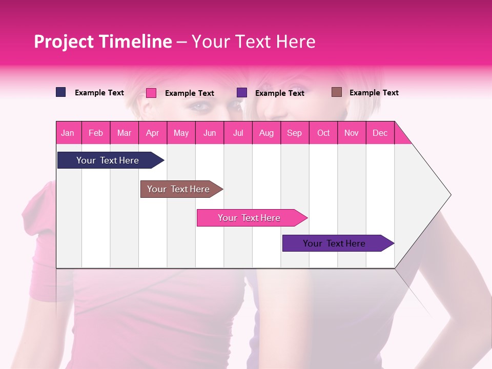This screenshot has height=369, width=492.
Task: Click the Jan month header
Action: [x=68, y=133]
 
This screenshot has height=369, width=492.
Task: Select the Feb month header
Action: [x=96, y=133]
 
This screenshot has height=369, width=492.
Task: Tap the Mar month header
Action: [x=124, y=133]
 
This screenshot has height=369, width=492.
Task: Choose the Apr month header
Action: [x=153, y=133]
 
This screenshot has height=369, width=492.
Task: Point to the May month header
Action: [x=181, y=133]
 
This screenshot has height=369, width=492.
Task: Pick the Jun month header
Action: [x=210, y=133]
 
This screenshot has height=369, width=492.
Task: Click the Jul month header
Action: [x=238, y=133]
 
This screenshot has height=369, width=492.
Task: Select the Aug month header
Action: [x=266, y=133]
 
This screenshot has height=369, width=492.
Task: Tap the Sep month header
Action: [x=295, y=133]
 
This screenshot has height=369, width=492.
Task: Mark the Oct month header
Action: [x=323, y=133]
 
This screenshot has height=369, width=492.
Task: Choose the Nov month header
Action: [x=352, y=133]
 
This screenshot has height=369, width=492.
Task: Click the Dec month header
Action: [x=380, y=133]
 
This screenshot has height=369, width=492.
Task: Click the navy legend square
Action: [x=61, y=92]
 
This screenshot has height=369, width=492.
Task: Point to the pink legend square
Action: [x=151, y=93]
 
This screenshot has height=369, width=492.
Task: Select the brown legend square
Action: [x=337, y=92]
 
